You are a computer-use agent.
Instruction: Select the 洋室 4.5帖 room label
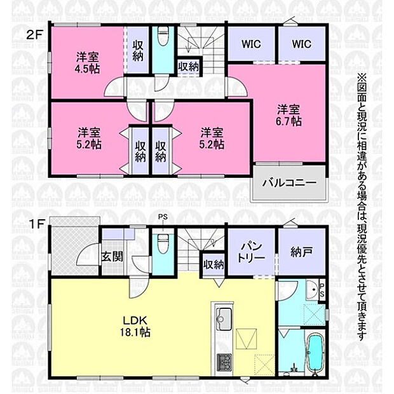click(88, 63)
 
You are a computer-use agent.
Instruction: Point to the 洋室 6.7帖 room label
click(289, 115)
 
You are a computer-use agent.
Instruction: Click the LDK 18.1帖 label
click(135, 326)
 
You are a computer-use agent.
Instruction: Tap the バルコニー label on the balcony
click(289, 182)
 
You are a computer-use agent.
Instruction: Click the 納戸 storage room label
click(301, 252)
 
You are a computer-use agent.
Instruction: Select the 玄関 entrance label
click(112, 257)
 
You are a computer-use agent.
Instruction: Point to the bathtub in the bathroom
click(316, 352)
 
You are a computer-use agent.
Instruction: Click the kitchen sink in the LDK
click(223, 318)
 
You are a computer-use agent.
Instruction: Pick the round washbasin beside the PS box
click(312, 289)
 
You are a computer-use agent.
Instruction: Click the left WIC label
click(251, 44)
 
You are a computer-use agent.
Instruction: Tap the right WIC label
click(301, 44)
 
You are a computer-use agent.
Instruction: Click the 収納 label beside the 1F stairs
click(214, 264)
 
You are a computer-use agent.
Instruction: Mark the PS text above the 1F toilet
click(163, 216)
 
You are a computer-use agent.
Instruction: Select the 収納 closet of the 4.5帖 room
click(138, 50)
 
